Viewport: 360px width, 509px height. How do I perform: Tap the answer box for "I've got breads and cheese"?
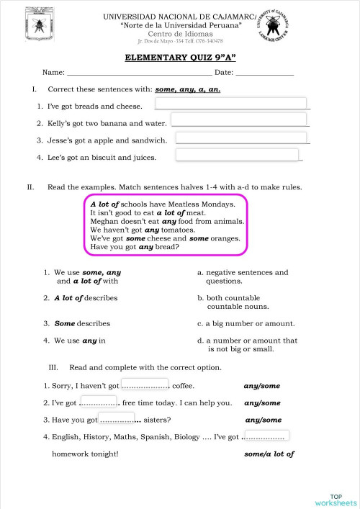(x=230, y=104)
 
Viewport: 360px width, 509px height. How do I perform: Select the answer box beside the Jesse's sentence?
(x=242, y=138)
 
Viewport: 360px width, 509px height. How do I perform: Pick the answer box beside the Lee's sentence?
(x=237, y=155)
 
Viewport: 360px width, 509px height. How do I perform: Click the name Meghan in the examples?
(x=104, y=222)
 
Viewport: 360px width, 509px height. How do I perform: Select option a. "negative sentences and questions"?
(x=243, y=276)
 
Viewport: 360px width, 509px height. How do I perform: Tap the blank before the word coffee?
(x=145, y=385)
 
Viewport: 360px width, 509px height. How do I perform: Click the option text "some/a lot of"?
(x=269, y=454)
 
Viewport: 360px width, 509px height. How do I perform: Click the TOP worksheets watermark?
(x=336, y=499)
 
